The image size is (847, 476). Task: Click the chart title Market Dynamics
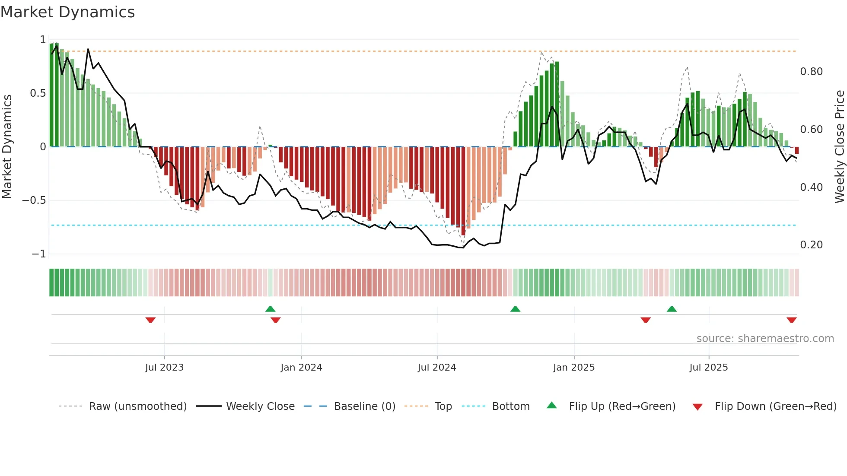tap(67, 12)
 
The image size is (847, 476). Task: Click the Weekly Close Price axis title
tap(839, 146)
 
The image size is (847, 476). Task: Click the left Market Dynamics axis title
tap(7, 146)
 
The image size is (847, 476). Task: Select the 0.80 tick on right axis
tap(811, 72)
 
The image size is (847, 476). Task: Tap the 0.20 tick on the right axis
tap(811, 245)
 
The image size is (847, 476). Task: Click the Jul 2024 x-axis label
tap(436, 368)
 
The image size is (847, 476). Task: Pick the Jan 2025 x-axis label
tap(573, 368)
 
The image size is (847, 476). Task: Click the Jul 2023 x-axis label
tap(164, 368)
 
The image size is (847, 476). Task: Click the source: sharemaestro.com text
tap(765, 339)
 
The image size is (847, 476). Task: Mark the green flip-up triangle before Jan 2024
tap(270, 309)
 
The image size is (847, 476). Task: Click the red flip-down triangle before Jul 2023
tap(150, 320)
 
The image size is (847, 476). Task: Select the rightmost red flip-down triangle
tap(791, 320)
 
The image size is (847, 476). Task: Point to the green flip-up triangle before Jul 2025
tap(672, 309)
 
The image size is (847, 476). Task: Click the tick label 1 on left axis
tap(43, 40)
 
